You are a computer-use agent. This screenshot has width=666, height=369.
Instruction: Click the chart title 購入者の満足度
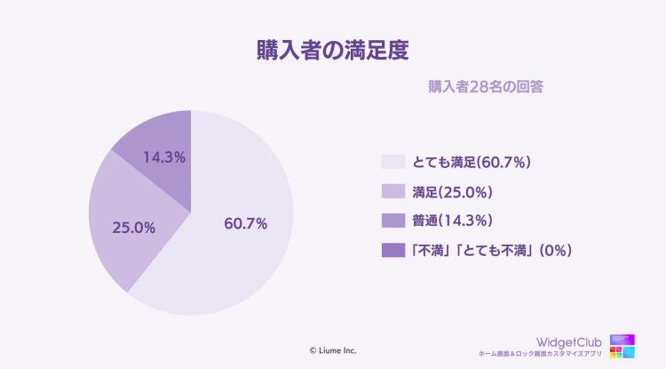[332, 49]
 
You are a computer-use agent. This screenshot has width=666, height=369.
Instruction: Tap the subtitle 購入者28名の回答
[486, 87]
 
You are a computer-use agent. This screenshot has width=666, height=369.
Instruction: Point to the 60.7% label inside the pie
[246, 223]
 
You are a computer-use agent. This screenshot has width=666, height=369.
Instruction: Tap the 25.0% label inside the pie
[134, 228]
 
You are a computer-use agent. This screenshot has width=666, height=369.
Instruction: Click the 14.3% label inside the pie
[163, 157]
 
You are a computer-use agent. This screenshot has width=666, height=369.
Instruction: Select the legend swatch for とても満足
[392, 162]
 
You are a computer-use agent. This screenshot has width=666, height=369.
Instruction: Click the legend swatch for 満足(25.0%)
[392, 191]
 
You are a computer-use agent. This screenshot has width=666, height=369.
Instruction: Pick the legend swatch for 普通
[392, 221]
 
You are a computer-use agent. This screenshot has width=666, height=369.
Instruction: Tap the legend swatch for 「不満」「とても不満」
[392, 250]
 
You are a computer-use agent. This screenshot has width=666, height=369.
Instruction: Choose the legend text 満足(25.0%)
[453, 191]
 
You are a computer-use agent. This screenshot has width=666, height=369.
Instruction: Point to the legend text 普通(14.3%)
[453, 221]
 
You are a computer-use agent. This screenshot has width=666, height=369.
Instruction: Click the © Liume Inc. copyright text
[333, 350]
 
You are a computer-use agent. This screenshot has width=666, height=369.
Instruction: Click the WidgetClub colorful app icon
[622, 346]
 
